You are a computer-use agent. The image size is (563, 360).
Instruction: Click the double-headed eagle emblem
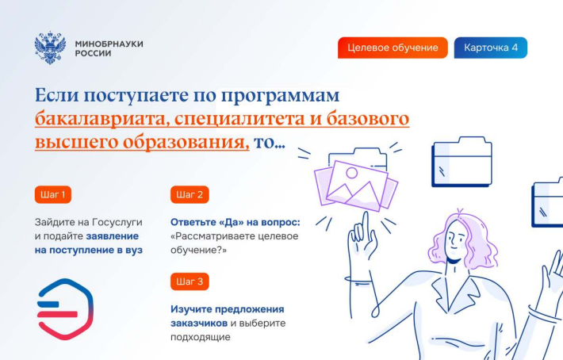pyautogui.click(x=50, y=48)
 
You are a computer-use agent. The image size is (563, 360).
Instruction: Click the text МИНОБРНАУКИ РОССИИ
pyautogui.click(x=109, y=48)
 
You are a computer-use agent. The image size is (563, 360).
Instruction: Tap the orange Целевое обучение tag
pyautogui.click(x=393, y=48)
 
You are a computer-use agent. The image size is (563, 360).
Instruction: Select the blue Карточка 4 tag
pyautogui.click(x=491, y=48)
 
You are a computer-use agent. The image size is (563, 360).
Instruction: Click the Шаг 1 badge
pyautogui.click(x=53, y=194)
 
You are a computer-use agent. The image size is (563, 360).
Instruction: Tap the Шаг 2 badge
pyautogui.click(x=190, y=194)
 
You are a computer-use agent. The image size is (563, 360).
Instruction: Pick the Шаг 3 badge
pyautogui.click(x=190, y=281)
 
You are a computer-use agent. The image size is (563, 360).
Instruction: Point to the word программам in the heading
pyautogui.click(x=280, y=96)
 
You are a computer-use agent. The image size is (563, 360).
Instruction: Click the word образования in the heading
pyautogui.click(x=186, y=143)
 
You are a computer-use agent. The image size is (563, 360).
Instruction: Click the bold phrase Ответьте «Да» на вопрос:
pyautogui.click(x=236, y=222)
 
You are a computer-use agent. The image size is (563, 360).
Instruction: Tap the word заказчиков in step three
pyautogui.click(x=199, y=323)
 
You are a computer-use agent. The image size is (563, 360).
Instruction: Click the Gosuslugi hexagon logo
pyautogui.click(x=65, y=309)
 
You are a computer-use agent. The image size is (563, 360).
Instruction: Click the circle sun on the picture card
pyautogui.click(x=351, y=174)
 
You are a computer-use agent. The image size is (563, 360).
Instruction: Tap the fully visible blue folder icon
pyautogui.click(x=462, y=162)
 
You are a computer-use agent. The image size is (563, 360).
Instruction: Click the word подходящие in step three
pyautogui.click(x=201, y=337)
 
